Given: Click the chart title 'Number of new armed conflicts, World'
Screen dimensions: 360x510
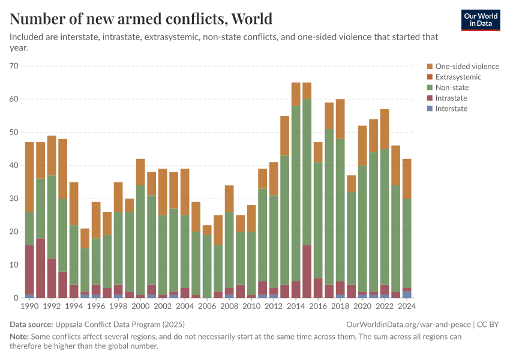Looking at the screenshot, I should [x=141, y=19].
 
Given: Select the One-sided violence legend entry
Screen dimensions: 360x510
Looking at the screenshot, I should [x=467, y=67].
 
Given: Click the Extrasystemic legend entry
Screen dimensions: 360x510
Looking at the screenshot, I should [x=458, y=77].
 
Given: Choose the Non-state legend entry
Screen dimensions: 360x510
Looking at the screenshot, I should [x=452, y=88].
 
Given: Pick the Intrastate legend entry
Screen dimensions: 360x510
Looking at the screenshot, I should [x=451, y=98].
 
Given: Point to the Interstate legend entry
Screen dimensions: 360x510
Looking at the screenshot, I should [x=451, y=109].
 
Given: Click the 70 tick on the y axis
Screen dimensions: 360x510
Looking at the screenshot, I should [x=14, y=65].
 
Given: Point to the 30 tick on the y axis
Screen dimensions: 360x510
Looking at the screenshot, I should [x=14, y=199].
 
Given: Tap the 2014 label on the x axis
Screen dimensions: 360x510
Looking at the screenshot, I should [x=296, y=306].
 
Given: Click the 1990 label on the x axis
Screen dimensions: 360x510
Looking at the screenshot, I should [x=29, y=306].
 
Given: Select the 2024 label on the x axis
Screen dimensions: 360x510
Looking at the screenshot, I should [x=407, y=306].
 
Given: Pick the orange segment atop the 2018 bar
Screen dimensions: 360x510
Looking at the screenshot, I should [x=340, y=119].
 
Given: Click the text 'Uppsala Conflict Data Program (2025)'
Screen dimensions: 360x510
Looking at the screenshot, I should [x=121, y=324].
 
